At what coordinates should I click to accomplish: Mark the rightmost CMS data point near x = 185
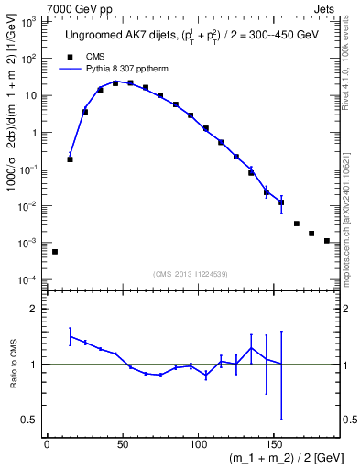pyautogui.click(x=327, y=241)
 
